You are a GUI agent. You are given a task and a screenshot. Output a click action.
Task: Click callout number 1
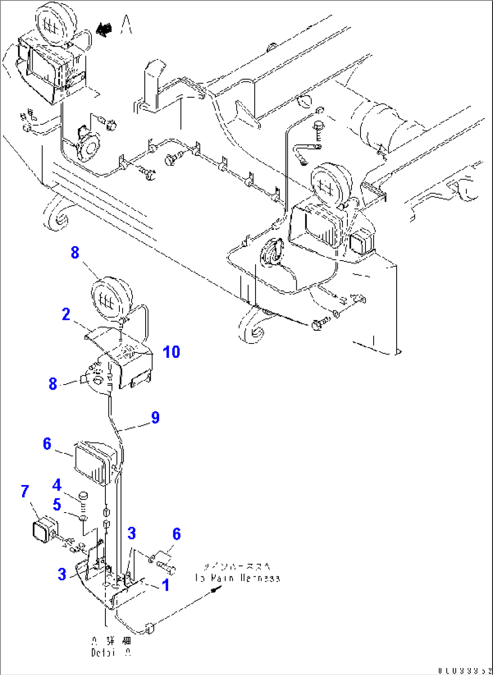[x=166, y=585]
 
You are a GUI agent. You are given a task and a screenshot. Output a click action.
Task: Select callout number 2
[x=66, y=314]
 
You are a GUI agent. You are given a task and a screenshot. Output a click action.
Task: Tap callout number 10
[x=171, y=352]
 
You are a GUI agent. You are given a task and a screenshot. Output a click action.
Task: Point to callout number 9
[x=155, y=417]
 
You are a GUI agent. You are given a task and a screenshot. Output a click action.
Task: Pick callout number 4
[x=57, y=485]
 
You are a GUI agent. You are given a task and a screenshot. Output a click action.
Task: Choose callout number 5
[x=57, y=504]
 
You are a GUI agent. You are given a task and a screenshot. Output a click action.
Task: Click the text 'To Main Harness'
[x=237, y=578]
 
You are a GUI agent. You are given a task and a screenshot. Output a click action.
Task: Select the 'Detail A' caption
[x=112, y=652]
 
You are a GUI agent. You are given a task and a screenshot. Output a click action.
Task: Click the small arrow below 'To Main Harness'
[x=217, y=589]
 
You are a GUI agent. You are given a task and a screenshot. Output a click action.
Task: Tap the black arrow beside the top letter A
[x=104, y=29]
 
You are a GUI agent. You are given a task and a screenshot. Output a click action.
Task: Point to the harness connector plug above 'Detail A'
[x=150, y=627]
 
